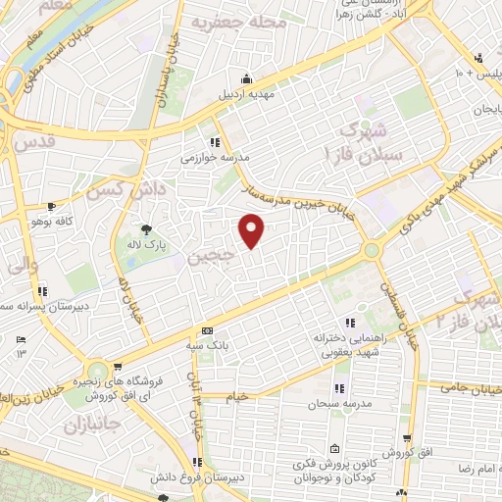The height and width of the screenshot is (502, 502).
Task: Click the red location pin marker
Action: (x=253, y=230)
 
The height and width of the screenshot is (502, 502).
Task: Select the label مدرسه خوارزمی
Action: (x=209, y=157)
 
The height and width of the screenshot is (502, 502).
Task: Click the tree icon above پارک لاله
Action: (x=146, y=227)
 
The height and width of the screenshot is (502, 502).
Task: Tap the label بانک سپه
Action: (x=207, y=346)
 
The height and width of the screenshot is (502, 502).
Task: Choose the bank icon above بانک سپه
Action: (x=206, y=331)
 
